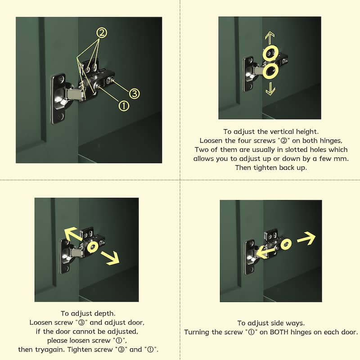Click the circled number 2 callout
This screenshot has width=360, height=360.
pyautogui.click(x=102, y=33)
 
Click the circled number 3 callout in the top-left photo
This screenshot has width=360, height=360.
pyautogui.click(x=134, y=94)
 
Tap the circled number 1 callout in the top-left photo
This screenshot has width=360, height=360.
pyautogui.click(x=124, y=106)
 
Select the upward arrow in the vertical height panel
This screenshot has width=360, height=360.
pyautogui.click(x=270, y=38)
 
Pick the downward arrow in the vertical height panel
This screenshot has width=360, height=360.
pyautogui.click(x=270, y=89)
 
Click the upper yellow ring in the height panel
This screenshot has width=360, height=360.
pyautogui.click(x=271, y=53)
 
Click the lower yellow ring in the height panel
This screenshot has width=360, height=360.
pyautogui.click(x=271, y=71)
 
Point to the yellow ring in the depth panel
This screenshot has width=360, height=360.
pyautogui.click(x=93, y=247)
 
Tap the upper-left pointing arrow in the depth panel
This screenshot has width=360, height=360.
pyautogui.click(x=73, y=234)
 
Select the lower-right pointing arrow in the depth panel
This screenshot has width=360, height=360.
pyautogui.click(x=110, y=258)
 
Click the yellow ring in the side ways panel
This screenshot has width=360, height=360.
pyautogui.click(x=286, y=245)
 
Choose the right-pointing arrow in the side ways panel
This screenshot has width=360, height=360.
pyautogui.click(x=306, y=238)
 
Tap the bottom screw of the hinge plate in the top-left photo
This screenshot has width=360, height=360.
pyautogui.click(x=60, y=117)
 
